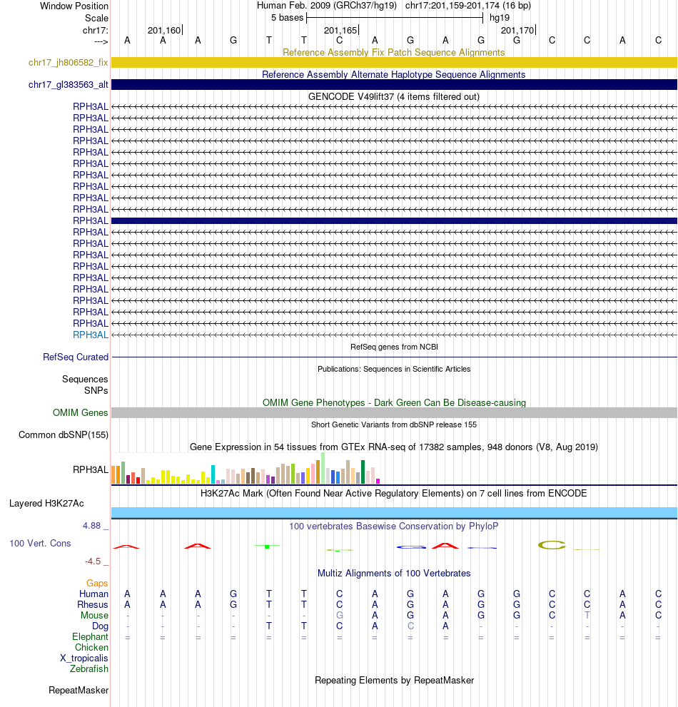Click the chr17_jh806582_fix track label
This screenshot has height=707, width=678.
point(68,63)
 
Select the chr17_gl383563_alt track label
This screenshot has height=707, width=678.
point(68,85)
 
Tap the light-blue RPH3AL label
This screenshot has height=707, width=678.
point(90,335)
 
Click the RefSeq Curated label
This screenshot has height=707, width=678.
point(76,357)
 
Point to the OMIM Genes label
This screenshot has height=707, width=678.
point(80,412)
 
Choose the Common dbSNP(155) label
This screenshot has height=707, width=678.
point(64,434)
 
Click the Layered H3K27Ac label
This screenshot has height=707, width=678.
point(46,503)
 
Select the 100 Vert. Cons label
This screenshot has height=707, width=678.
point(40,543)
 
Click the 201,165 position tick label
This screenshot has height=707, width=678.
point(340,31)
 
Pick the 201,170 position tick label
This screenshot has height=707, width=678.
point(517,31)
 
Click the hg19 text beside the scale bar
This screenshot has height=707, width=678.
point(500,17)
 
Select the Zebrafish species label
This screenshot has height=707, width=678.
point(89,668)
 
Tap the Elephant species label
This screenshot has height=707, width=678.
point(90,636)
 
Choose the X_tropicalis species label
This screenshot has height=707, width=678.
point(84,658)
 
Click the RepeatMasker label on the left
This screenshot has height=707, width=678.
point(79,690)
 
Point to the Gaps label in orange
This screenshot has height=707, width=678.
point(97,583)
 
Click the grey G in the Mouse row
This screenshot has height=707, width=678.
point(340,615)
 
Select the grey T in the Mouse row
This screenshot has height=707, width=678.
point(587,615)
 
